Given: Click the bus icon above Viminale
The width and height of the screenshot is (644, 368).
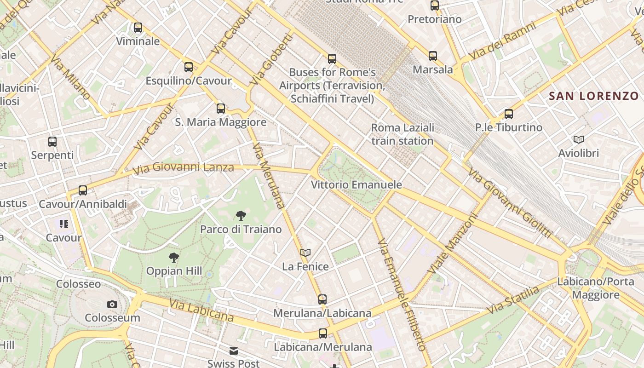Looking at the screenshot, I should [138, 28].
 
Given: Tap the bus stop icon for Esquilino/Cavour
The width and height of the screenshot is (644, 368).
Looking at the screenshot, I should [189, 67].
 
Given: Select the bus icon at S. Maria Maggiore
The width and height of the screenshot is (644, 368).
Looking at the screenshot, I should [221, 109].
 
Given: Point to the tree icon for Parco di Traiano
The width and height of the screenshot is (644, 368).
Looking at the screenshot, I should [241, 215].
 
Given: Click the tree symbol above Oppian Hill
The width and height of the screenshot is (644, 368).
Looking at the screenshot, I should [174, 258].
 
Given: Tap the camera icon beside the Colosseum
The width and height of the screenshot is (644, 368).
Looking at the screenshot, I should [112, 304].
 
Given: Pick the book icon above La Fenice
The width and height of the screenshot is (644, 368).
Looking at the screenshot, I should [305, 253].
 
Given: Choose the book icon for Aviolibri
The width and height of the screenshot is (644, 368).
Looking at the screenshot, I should [579, 139].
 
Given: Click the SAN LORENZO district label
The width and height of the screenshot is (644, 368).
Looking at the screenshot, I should [594, 96].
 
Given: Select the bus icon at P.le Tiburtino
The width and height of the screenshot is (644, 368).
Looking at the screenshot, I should [509, 114].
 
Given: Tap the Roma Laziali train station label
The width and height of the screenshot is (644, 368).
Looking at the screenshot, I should [402, 134].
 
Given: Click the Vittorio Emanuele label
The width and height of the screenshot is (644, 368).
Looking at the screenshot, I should [356, 185].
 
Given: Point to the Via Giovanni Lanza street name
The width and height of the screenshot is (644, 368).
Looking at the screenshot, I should [183, 168].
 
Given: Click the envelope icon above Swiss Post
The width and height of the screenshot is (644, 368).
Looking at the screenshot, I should [234, 351].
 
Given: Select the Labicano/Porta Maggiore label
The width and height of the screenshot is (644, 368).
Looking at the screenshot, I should [596, 288].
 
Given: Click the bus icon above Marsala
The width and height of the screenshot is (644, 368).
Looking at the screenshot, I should [433, 56].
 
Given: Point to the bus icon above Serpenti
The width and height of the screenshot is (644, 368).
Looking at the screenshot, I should [52, 142].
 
